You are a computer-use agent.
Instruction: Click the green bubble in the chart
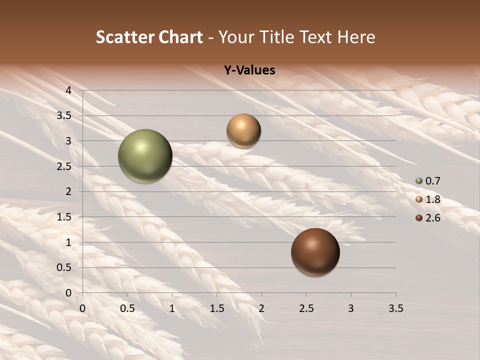(145, 156)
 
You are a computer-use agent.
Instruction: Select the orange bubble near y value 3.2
(243, 130)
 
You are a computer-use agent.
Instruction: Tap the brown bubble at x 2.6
(315, 252)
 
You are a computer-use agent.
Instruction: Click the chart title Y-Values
(249, 70)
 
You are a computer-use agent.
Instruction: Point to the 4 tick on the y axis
(68, 90)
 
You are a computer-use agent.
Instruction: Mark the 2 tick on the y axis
(68, 191)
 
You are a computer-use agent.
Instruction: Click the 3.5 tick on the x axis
(395, 308)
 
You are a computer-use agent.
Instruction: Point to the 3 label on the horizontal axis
(351, 308)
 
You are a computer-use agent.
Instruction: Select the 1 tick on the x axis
(172, 308)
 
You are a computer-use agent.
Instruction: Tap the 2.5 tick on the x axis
(306, 308)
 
